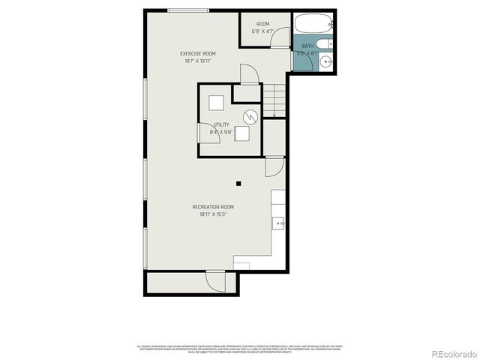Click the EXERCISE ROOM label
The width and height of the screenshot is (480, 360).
pos(198,53)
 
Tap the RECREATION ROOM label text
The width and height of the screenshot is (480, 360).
pos(213,206)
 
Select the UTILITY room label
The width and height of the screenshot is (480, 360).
pos(221,124)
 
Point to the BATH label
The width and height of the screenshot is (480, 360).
pos(307,46)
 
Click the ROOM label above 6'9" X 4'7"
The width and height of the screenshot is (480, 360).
pos(262,24)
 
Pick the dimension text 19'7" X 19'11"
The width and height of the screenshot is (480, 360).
pos(198,61)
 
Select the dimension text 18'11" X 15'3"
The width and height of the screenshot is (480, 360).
pos(213,214)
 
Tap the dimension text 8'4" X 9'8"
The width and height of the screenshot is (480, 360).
pos(221,131)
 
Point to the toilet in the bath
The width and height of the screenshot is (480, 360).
pos(326,44)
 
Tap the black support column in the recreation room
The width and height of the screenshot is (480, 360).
pos(238,182)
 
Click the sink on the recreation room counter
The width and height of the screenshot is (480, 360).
pos(278,222)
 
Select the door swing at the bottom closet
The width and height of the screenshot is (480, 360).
pos(215,282)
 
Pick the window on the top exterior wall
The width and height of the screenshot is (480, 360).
pos(188,10)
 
